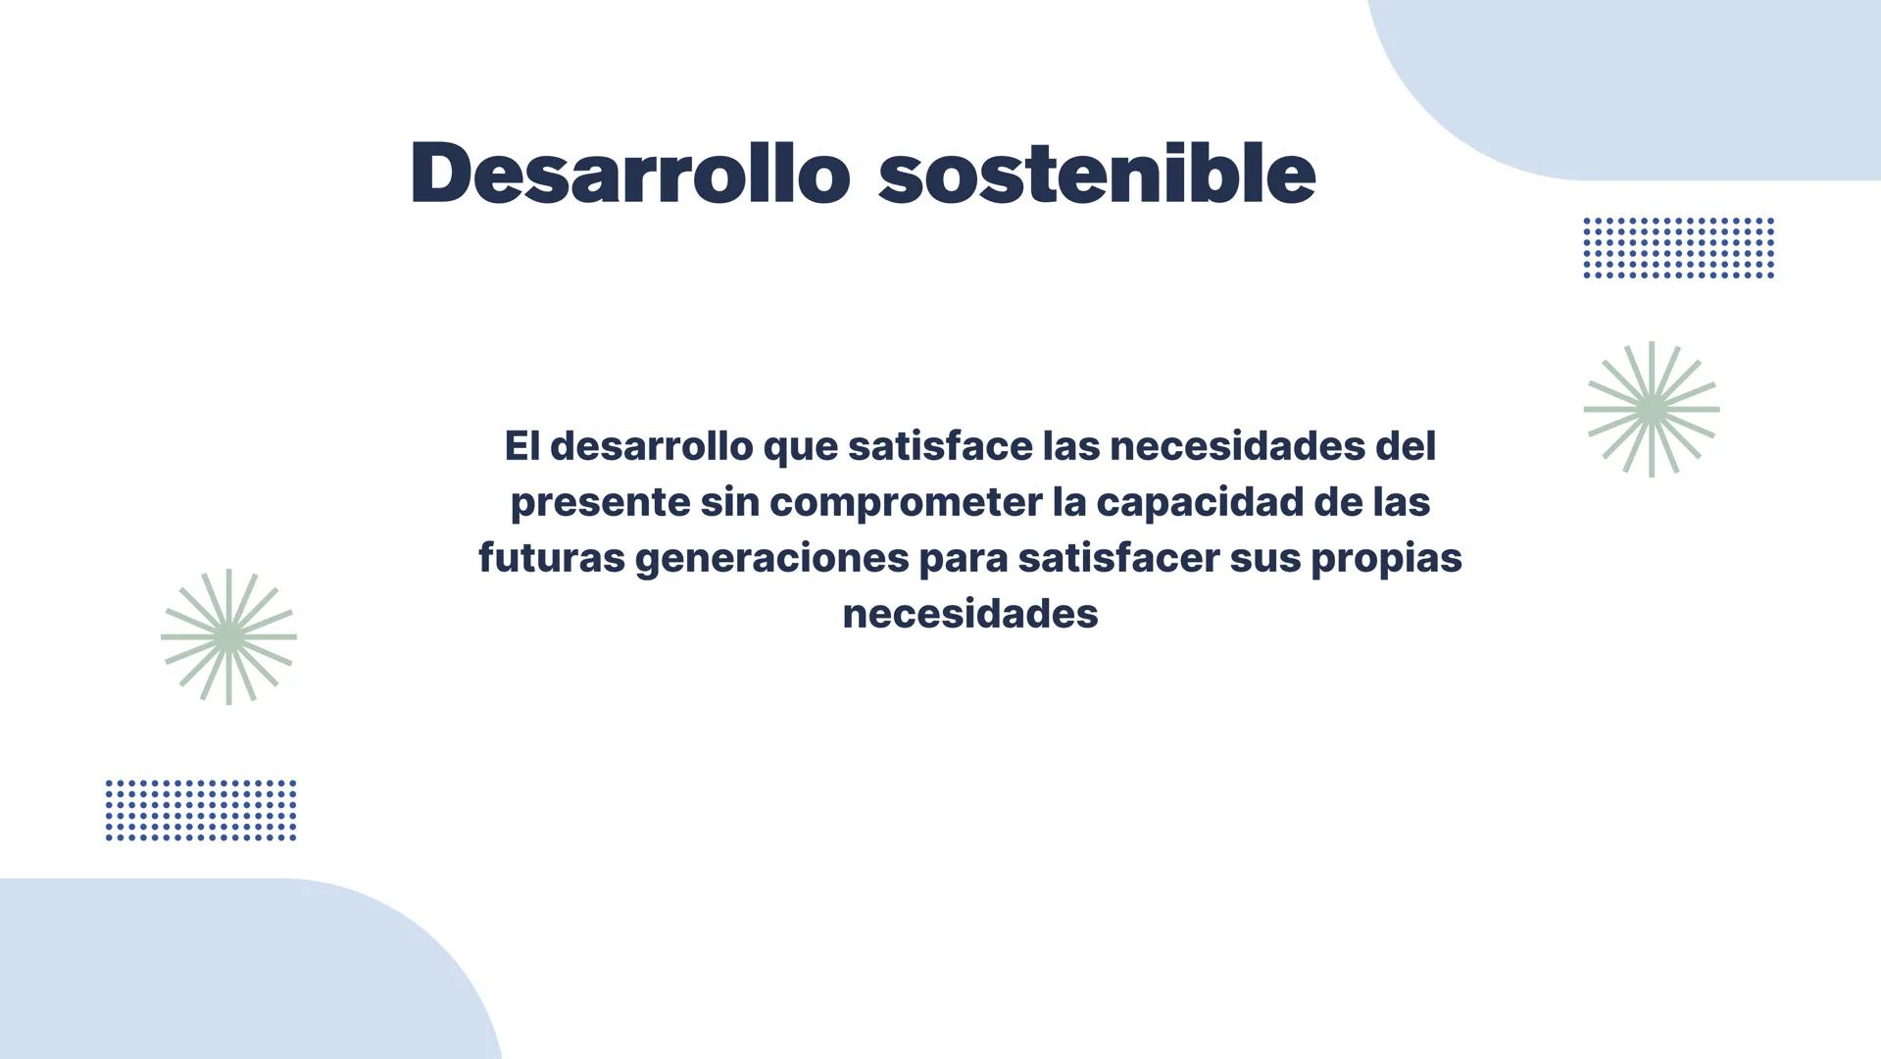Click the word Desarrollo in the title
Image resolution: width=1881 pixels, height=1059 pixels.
point(629,173)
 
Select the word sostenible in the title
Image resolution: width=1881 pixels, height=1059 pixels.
point(1096,173)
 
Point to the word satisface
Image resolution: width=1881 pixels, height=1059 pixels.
point(940,446)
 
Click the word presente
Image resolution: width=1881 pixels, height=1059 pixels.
point(600,502)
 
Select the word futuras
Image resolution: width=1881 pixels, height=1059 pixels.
point(551,558)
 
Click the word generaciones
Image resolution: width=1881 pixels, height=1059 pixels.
point(771,559)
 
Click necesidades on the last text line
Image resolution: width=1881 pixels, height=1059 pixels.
point(969,614)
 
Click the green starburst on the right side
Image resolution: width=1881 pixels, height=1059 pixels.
point(1652,410)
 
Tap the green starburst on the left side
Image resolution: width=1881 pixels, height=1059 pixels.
point(228,636)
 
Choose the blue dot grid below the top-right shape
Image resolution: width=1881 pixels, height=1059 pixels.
point(1678,248)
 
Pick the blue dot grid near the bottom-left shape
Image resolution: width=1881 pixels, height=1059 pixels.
point(201,810)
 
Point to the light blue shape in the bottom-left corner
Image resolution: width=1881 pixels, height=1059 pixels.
point(216,981)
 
